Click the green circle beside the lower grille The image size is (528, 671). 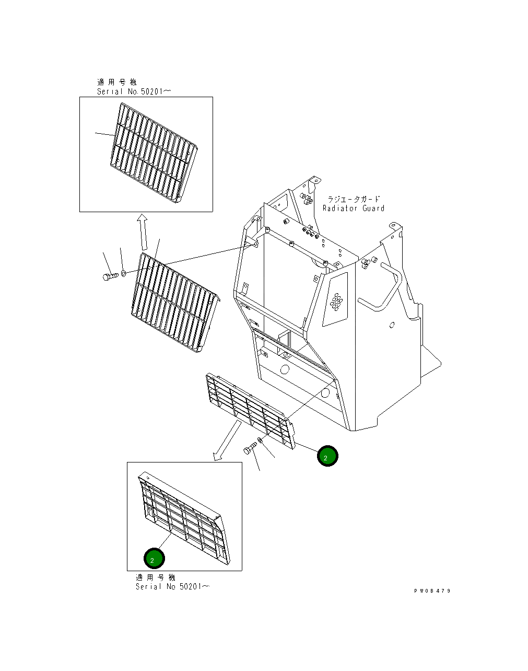click(x=327, y=456)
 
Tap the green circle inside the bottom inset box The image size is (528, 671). click(x=154, y=559)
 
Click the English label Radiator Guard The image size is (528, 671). click(x=353, y=209)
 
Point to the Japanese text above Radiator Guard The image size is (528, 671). click(x=354, y=200)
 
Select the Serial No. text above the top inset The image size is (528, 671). click(x=134, y=91)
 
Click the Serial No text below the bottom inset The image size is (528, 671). click(x=172, y=586)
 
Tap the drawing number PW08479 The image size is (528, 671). click(x=432, y=591)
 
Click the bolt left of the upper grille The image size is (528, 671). click(x=109, y=276)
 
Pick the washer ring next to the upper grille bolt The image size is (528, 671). click(x=123, y=273)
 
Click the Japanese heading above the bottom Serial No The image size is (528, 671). click(x=155, y=577)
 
